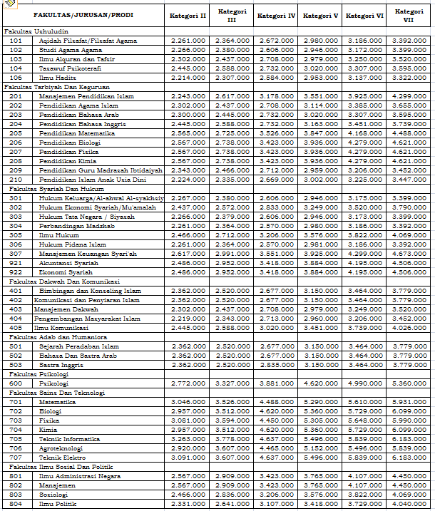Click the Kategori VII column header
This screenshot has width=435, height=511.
pyautogui.click(x=409, y=15)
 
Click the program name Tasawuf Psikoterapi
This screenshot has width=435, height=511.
pyautogui.click(x=70, y=67)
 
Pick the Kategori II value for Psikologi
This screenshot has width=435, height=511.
pyautogui.click(x=188, y=383)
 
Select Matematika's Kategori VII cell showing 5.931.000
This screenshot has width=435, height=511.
pyautogui.click(x=409, y=402)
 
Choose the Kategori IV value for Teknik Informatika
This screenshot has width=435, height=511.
pyautogui.click(x=276, y=439)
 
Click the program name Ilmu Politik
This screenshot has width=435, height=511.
pyautogui.click(x=58, y=504)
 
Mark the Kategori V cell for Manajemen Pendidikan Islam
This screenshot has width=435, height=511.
pyautogui.click(x=321, y=96)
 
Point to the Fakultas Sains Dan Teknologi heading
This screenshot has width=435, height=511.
pyautogui.click(x=54, y=392)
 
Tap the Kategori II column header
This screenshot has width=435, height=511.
pyautogui.click(x=188, y=15)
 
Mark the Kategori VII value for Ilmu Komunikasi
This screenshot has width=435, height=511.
pyautogui.click(x=409, y=327)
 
